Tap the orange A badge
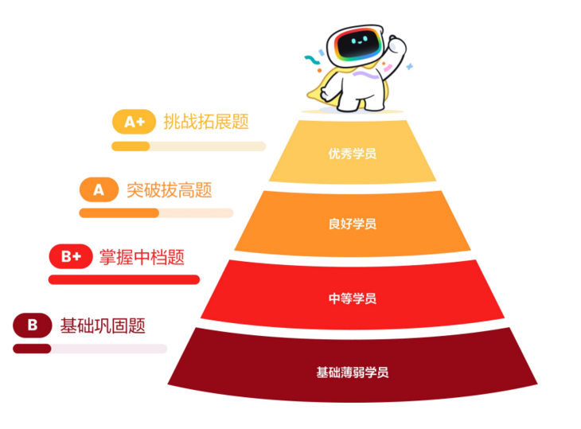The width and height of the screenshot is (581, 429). pyautogui.click(x=99, y=189)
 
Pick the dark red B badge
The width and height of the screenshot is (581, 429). pyautogui.click(x=33, y=325)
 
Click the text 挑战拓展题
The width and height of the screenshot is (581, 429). pyautogui.click(x=206, y=122)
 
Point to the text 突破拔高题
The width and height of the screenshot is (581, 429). pyautogui.click(x=170, y=189)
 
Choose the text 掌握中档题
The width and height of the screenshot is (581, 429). pyautogui.click(x=142, y=257)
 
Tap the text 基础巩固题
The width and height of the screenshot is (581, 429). pyautogui.click(x=103, y=325)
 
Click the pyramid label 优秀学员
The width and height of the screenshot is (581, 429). pyautogui.click(x=352, y=154)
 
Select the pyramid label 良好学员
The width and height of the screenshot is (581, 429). pyautogui.click(x=352, y=224)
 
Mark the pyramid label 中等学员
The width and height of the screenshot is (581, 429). pyautogui.click(x=352, y=298)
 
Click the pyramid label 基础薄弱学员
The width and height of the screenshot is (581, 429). pyautogui.click(x=352, y=372)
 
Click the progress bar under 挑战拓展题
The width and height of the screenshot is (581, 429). pyautogui.click(x=189, y=146)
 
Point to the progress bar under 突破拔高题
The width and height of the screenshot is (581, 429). pyautogui.click(x=156, y=213)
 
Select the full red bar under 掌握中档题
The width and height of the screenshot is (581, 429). pyautogui.click(x=123, y=279)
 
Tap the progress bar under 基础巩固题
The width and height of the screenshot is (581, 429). pyautogui.click(x=90, y=348)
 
